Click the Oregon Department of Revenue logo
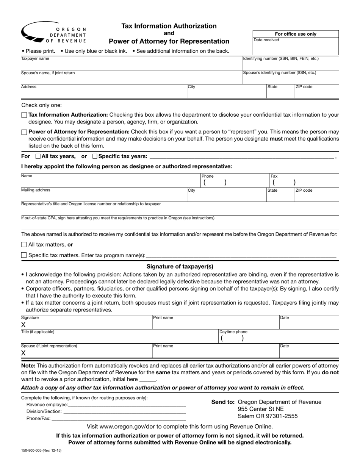54,33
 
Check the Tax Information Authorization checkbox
24,115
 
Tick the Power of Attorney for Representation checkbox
24,132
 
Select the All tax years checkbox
38,156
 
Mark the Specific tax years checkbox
95,156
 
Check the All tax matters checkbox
24,245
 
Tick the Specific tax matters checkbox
24,255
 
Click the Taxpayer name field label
35,59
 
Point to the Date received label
266,40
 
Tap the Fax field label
274,176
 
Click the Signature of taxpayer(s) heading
180,266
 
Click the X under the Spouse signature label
23,353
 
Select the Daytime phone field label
233,332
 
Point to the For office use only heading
296,34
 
